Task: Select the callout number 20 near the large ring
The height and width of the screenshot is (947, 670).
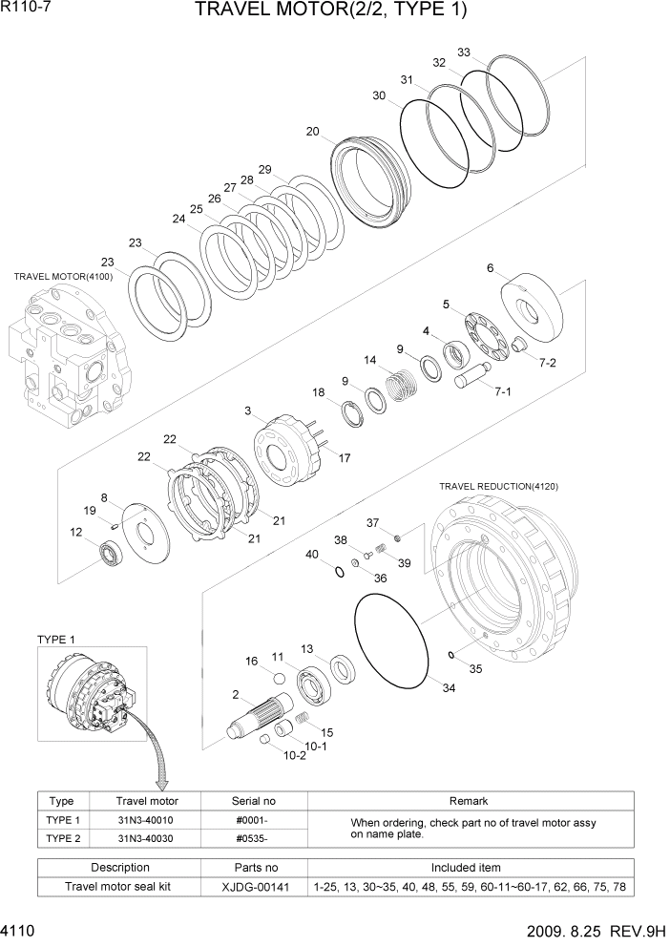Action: (x=312, y=132)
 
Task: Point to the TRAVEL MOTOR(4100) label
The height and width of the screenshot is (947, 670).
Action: (x=63, y=276)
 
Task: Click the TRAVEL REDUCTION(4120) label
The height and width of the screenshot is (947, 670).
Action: (x=498, y=486)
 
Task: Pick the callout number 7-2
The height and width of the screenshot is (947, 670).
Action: (x=547, y=363)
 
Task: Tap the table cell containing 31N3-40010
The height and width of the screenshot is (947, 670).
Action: (x=146, y=820)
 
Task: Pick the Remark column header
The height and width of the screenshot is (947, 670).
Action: (x=468, y=801)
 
